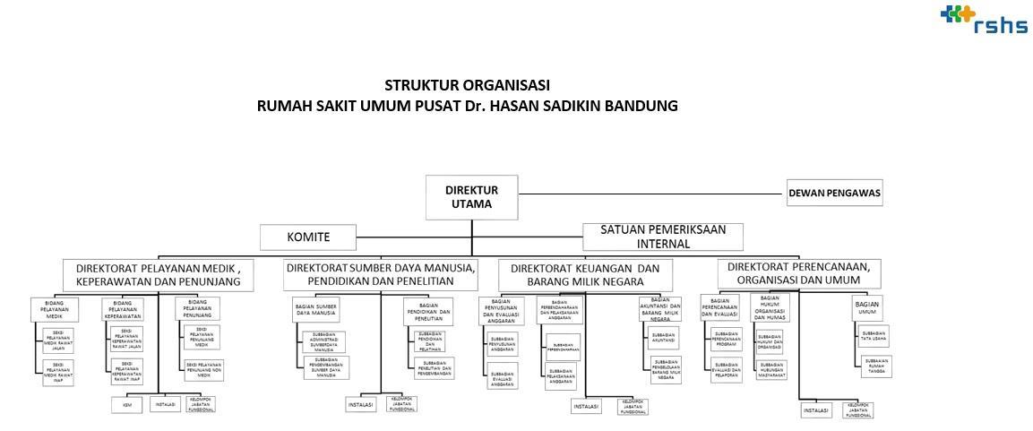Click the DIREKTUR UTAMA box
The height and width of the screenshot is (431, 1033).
(471, 197)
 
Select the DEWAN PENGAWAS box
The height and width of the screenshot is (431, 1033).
(834, 193)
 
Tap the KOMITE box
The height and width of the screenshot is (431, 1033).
(307, 237)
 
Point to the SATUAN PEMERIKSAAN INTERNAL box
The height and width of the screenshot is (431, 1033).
(663, 237)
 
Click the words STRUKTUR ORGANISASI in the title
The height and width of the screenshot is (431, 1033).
(467, 85)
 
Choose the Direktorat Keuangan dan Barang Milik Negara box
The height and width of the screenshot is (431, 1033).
(591, 274)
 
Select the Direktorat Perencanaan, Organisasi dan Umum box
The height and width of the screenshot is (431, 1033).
(798, 272)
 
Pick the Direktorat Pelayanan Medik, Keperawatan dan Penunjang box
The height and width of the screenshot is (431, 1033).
(159, 274)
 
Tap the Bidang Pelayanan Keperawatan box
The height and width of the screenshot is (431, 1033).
(123, 309)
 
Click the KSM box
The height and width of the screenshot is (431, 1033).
(126, 405)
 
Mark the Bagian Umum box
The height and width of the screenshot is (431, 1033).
(866, 308)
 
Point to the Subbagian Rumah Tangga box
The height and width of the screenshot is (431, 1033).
(875, 365)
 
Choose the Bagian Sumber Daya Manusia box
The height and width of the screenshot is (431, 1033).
(315, 309)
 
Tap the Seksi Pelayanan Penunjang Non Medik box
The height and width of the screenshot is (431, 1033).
(204, 368)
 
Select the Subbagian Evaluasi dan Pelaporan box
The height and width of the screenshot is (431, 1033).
(725, 368)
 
